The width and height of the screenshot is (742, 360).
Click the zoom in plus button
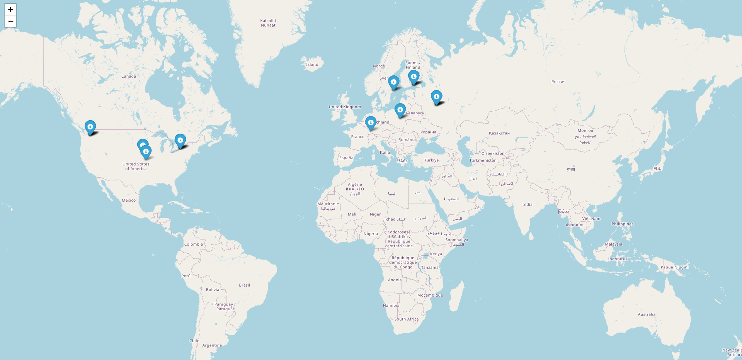coord(10,10)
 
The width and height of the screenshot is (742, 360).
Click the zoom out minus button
coord(10,21)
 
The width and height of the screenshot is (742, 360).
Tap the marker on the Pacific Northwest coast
coord(90,127)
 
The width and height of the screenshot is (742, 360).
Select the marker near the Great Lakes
coord(180,141)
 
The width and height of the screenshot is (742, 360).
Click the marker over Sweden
coord(393,82)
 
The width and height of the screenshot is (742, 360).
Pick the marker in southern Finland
coord(414,77)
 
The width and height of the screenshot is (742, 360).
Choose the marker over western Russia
coord(436,97)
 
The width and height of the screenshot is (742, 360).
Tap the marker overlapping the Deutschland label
coord(371,123)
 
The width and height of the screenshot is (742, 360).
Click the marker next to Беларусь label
coord(400,110)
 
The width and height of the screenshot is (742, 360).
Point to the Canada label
coord(129,76)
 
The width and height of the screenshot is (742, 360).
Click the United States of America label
coord(136,166)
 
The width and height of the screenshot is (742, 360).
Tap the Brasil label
coord(244,285)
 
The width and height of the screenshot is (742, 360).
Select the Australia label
coord(647,314)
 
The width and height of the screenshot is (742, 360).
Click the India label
coord(527,205)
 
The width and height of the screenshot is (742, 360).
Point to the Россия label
coord(558,82)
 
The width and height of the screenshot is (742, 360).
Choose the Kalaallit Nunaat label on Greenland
coord(268,23)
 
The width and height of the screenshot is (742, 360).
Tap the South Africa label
coord(406,319)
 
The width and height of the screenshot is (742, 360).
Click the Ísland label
coord(312,65)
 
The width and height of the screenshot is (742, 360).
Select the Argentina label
coord(212,346)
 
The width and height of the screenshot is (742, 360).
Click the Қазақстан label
coord(499,133)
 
